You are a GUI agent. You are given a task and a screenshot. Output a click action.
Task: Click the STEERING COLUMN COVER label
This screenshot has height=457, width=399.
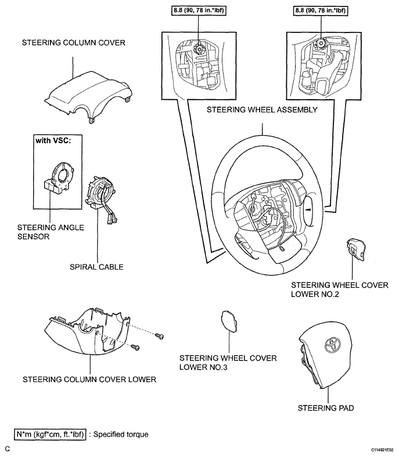tap(74, 42)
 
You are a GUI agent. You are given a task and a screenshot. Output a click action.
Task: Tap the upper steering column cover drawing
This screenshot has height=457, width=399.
tap(88, 97)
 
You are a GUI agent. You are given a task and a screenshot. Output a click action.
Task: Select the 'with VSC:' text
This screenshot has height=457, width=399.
tap(53, 140)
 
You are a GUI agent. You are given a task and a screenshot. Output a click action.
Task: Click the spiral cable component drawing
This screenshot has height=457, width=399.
tap(101, 199)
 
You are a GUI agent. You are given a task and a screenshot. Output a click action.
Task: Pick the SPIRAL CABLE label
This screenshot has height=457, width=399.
tap(96, 267)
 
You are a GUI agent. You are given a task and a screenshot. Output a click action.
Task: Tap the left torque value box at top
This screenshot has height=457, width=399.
tap(199, 10)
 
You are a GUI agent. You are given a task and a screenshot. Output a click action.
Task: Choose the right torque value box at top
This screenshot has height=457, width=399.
tap(321, 10)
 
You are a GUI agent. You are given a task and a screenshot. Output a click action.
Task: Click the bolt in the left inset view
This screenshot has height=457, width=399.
tap(199, 49)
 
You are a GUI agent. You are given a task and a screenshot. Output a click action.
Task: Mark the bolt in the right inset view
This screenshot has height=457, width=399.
tap(321, 43)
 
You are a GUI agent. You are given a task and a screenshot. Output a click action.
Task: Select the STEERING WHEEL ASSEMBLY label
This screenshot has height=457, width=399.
tap(262, 110)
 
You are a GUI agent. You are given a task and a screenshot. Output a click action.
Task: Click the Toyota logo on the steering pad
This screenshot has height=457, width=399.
tap(332, 346)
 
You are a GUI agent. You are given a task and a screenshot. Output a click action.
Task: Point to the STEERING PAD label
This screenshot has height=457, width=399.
tap(326, 408)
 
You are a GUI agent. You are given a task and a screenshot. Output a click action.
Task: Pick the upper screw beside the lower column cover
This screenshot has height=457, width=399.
tap(159, 336)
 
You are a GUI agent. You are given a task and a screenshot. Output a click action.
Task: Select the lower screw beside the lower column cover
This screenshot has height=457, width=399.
tap(135, 347)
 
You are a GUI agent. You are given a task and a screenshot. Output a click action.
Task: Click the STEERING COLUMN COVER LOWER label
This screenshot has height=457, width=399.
tap(89, 379)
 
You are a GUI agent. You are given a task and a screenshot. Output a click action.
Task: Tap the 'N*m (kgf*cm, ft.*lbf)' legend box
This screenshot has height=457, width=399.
tap(50, 434)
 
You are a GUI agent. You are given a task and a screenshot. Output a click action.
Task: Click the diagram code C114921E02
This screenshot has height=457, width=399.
tap(382, 450)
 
